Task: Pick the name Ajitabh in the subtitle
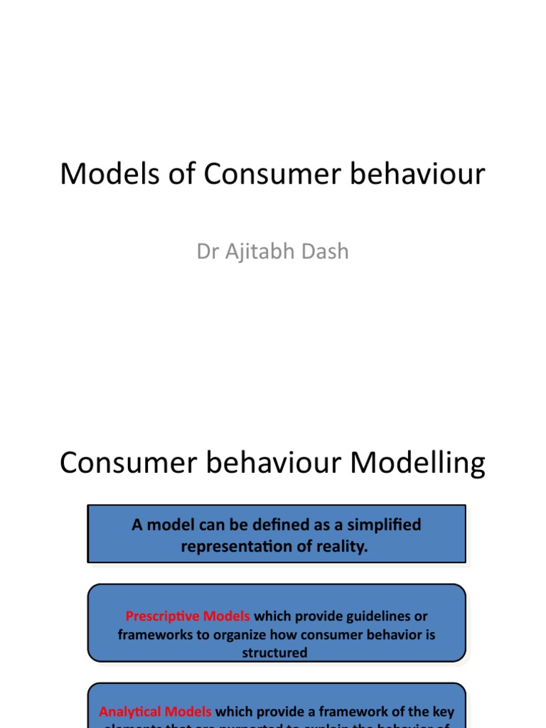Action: coord(257,252)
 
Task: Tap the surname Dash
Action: coord(325,252)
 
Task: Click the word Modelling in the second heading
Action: coord(418,464)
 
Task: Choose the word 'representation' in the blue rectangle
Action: coord(238,547)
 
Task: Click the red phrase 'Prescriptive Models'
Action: coord(188,616)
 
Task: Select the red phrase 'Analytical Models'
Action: coord(155,712)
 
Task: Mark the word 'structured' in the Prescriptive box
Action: coord(275,653)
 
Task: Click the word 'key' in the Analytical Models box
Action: coord(442,712)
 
